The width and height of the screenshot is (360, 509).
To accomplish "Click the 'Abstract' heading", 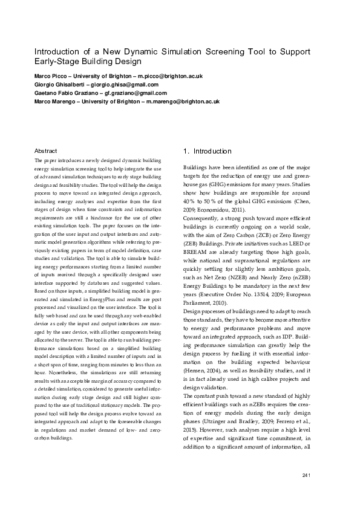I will (46, 151).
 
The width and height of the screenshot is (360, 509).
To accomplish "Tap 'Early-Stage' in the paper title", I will (57, 62).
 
